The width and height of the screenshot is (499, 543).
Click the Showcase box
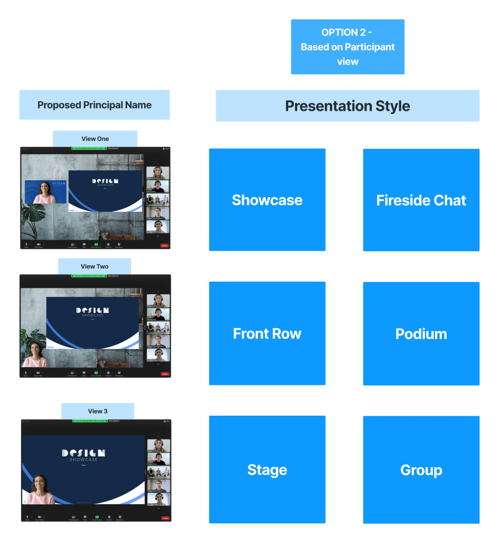(x=267, y=200)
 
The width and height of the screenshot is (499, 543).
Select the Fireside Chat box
(x=421, y=200)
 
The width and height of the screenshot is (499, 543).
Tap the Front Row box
(x=267, y=334)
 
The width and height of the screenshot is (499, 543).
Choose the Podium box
(x=421, y=334)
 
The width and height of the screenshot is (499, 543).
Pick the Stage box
(x=267, y=470)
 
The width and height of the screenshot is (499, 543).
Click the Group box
(x=421, y=470)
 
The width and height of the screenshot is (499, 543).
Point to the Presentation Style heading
(x=347, y=106)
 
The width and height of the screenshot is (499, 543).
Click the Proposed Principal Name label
(x=94, y=105)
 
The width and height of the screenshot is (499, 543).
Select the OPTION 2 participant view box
(x=347, y=47)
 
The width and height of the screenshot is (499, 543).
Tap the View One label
(x=95, y=138)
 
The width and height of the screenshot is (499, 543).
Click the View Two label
(x=94, y=266)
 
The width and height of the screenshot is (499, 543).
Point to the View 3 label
(x=97, y=411)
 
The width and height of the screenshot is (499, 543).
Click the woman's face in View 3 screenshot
(x=40, y=484)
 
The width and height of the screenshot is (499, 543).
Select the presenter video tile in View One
(x=46, y=192)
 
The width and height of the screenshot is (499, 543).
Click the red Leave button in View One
(x=164, y=246)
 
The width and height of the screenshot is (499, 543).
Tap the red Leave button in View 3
(x=165, y=518)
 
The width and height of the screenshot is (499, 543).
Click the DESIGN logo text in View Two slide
(x=92, y=310)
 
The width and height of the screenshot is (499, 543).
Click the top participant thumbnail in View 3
(x=158, y=445)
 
